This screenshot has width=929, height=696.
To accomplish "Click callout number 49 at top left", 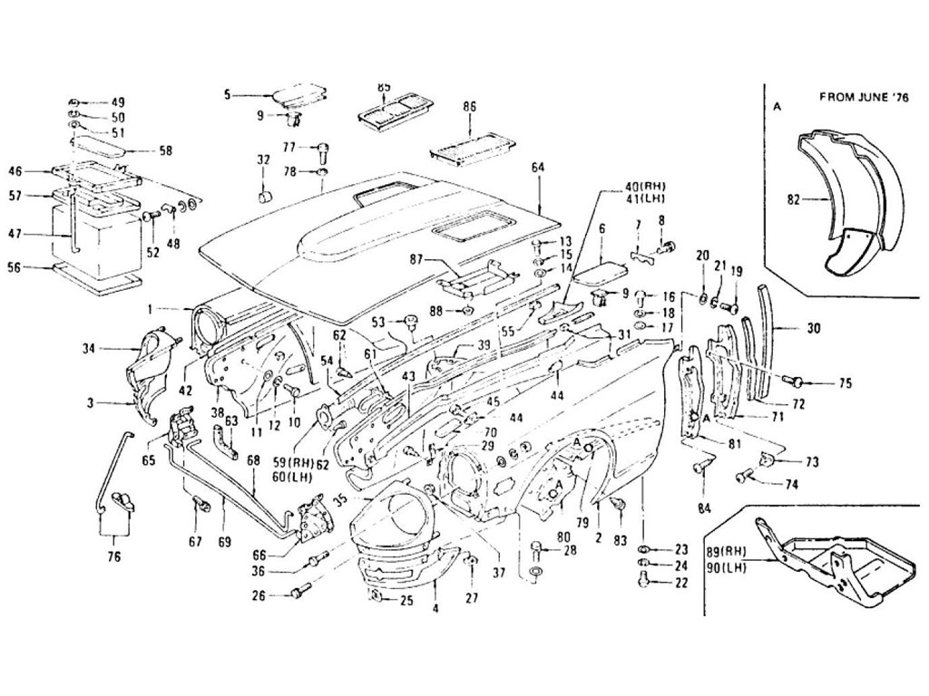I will click(118, 101).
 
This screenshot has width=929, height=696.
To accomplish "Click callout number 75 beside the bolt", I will click(846, 383).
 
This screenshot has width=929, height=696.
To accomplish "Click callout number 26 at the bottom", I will click(259, 595).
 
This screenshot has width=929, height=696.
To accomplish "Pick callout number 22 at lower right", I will click(681, 583).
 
